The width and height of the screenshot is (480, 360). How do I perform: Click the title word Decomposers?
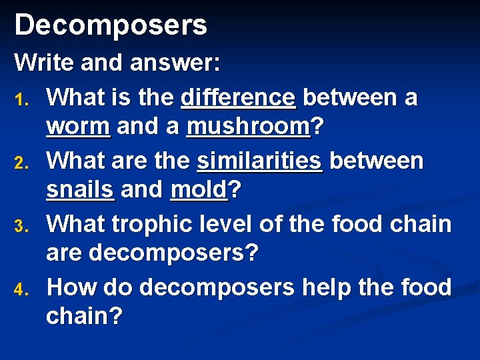pyautogui.click(x=111, y=25)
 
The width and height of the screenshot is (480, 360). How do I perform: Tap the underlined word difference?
pyautogui.click(x=238, y=98)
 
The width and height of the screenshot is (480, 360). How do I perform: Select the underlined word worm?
pyautogui.click(x=78, y=127)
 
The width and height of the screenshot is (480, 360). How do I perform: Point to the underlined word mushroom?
pyautogui.click(x=248, y=127)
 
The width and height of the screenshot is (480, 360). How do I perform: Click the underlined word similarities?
pyautogui.click(x=259, y=161)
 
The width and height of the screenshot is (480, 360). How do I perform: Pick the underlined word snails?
pyautogui.click(x=80, y=190)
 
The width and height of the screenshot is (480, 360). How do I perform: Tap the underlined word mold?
pyautogui.click(x=198, y=190)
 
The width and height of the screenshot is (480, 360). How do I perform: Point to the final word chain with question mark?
pyautogui.click(x=85, y=317)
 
